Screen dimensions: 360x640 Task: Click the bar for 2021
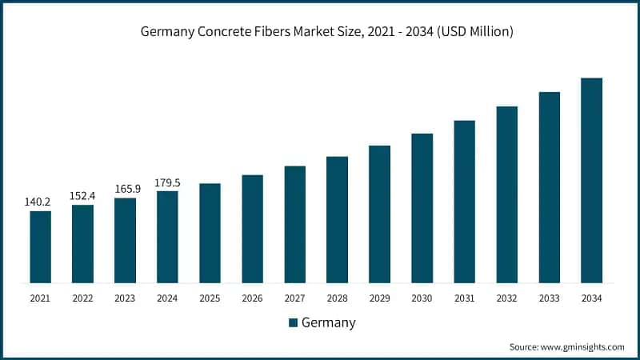[x=40, y=246]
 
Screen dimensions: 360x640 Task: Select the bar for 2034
[x=591, y=180]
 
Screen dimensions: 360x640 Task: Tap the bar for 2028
[x=337, y=219]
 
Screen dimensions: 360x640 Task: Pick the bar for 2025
[x=210, y=233]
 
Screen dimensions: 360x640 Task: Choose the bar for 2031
[x=464, y=202]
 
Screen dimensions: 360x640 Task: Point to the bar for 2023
[x=125, y=240]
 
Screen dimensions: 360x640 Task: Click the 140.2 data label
[x=38, y=202]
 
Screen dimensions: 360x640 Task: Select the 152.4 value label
[x=82, y=196]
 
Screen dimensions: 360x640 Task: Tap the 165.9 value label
[x=124, y=189]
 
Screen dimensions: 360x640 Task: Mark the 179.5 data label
[x=166, y=182]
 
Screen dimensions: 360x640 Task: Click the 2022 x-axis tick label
[x=82, y=298]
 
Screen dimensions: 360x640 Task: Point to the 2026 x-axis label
[x=252, y=298]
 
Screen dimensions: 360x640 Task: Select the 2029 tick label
[x=379, y=298]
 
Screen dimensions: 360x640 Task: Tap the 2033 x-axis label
[x=549, y=298]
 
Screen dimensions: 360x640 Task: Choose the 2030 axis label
[x=422, y=298]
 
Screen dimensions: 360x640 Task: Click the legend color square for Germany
[x=293, y=322]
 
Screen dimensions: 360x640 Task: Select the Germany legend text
[x=329, y=322]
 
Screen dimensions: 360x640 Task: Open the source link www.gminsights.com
[x=582, y=347]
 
